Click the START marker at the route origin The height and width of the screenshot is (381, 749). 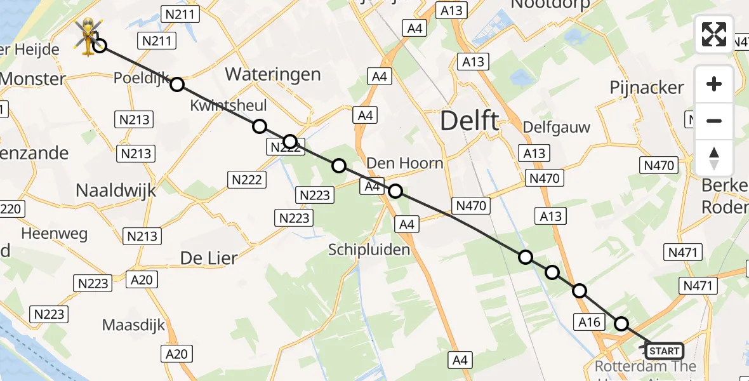click(x=664, y=351)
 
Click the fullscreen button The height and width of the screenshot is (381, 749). click(x=714, y=34)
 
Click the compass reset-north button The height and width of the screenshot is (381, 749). click(x=714, y=158)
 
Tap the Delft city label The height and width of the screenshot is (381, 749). click(x=470, y=120)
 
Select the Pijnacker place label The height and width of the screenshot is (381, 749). click(x=647, y=88)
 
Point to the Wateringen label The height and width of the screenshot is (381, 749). click(x=273, y=74)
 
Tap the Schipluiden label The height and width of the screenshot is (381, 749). click(x=369, y=250)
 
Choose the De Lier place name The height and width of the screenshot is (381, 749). click(x=209, y=258)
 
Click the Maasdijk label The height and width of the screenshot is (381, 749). click(x=133, y=325)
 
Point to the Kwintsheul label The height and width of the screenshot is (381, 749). click(x=229, y=105)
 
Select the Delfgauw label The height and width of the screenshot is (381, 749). click(x=557, y=127)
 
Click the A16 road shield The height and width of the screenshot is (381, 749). click(x=589, y=322)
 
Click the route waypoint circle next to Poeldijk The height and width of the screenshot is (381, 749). click(x=177, y=84)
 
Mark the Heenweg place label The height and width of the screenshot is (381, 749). click(x=55, y=233)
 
